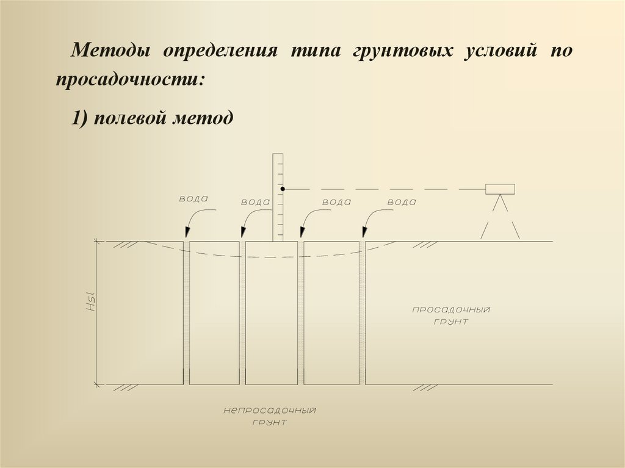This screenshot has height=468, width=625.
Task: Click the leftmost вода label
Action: pyautogui.click(x=193, y=199)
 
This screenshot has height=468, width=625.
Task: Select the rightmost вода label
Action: pyautogui.click(x=402, y=203)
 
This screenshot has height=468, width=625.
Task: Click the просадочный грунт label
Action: pyautogui.click(x=451, y=315)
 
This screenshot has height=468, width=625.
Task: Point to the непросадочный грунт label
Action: pyautogui.click(x=269, y=416)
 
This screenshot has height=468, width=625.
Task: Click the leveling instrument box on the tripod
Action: pyautogui.click(x=500, y=189)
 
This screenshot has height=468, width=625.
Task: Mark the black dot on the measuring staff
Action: pyautogui.click(x=283, y=189)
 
